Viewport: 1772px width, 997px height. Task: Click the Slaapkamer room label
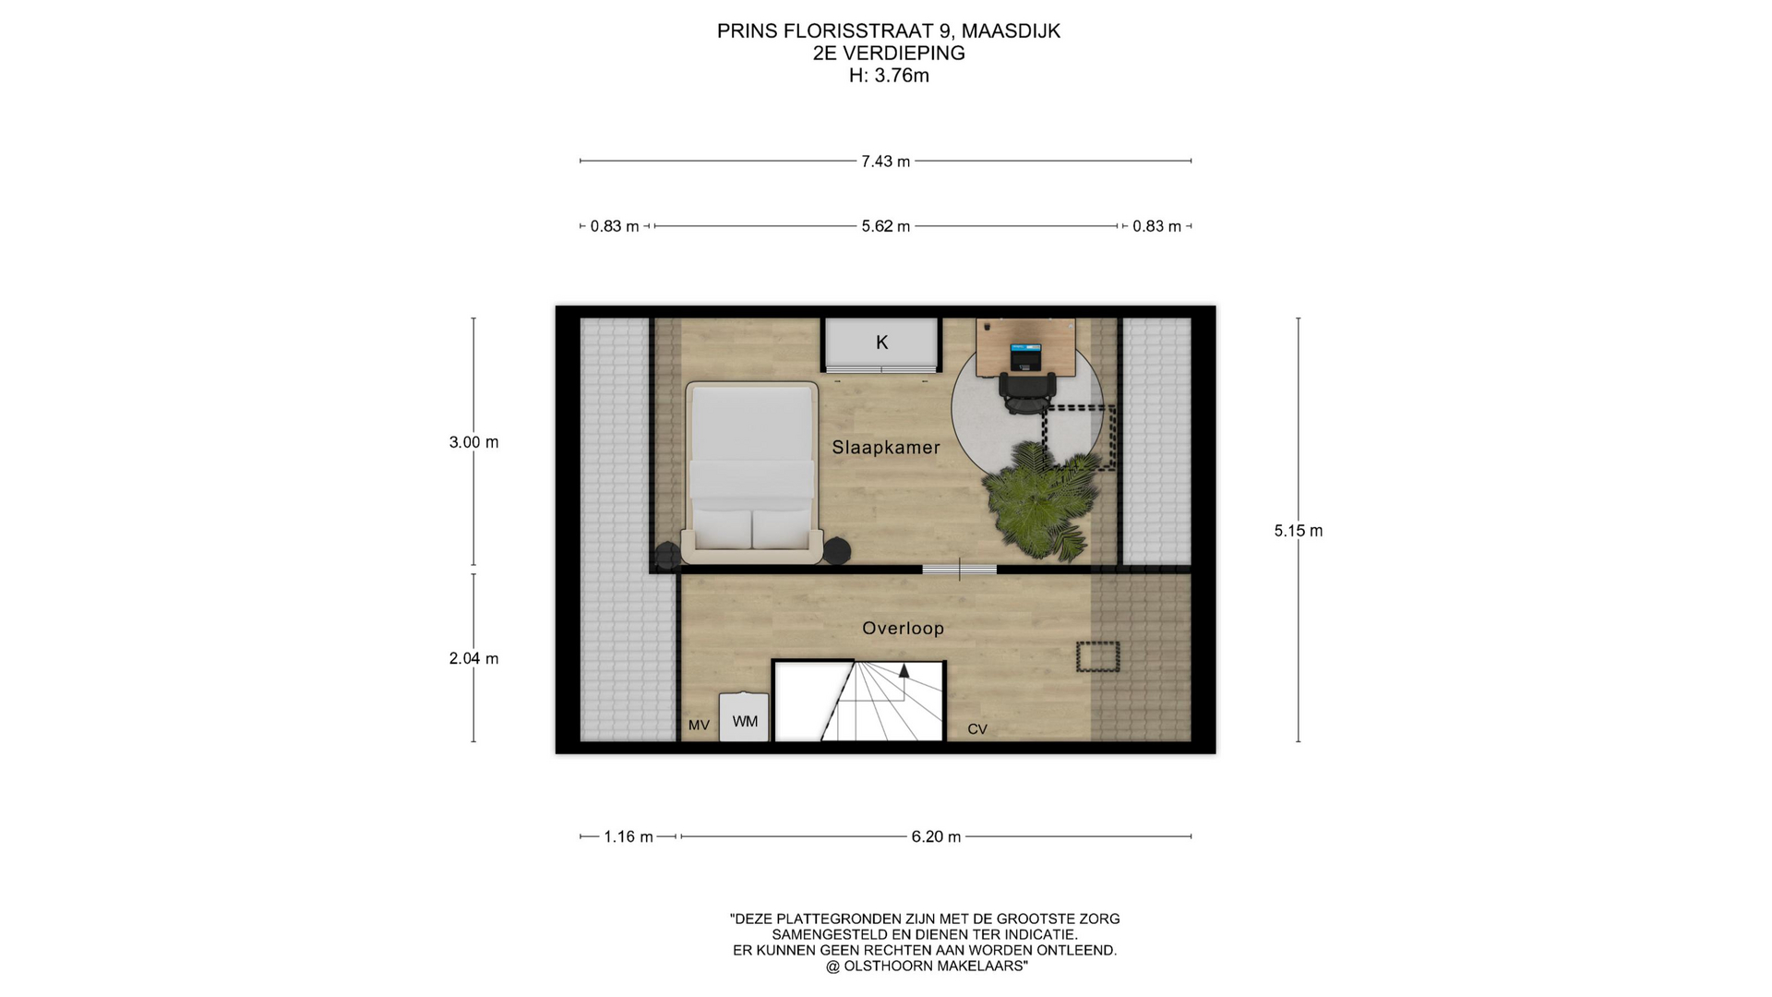tap(886, 448)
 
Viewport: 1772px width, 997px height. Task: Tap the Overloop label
tap(903, 629)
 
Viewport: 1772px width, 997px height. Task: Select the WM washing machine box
tap(744, 717)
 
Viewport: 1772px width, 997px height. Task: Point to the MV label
tap(699, 726)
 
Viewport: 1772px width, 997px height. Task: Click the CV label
tap(977, 729)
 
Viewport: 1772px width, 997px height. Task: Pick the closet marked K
tap(881, 344)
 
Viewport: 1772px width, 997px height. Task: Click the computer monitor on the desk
tap(1025, 355)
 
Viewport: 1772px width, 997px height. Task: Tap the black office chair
tap(1026, 392)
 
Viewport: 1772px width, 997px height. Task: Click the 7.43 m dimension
tap(886, 162)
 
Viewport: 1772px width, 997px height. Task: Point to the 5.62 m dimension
tap(886, 226)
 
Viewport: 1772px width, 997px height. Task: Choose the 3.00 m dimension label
tap(473, 442)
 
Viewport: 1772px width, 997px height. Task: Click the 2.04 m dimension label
tap(473, 658)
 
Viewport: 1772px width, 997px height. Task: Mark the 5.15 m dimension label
tap(1299, 531)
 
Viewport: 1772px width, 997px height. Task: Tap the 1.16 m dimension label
tap(629, 837)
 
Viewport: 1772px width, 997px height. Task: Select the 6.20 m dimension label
tap(936, 837)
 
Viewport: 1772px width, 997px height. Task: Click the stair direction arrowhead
tap(904, 671)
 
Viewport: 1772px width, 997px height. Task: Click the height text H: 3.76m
tap(889, 76)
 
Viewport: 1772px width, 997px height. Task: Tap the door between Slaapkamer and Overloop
tap(959, 570)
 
